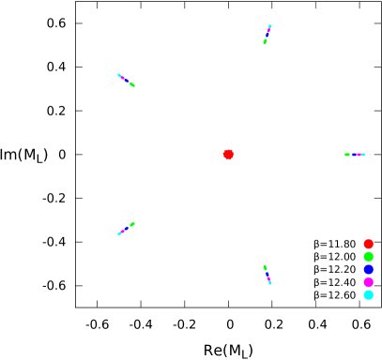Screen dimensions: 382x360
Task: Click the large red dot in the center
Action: tap(228, 155)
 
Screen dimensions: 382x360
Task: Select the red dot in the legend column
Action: tap(368, 244)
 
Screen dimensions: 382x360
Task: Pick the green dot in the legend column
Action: tap(368, 256)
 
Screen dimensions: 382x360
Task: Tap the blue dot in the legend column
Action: tap(368, 269)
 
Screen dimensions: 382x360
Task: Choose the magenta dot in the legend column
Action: tap(368, 281)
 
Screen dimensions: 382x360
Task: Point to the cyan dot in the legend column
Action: tap(368, 294)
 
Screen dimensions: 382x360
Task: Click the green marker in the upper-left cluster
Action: tap(132, 85)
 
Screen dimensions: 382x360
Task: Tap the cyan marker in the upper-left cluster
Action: tap(119, 75)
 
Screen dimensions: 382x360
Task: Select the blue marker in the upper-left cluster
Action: tap(125, 80)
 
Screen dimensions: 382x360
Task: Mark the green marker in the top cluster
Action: tap(265, 41)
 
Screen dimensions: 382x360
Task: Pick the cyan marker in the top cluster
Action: tap(269, 26)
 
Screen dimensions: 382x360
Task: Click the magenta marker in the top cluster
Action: tap(267, 33)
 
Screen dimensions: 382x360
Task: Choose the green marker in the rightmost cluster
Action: tap(347, 155)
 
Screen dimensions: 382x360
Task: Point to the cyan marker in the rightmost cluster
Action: tap(362, 155)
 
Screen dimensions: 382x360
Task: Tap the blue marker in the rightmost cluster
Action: tap(356, 155)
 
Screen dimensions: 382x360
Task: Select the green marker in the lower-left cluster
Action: tap(132, 223)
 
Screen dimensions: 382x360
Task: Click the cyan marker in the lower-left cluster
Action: tap(119, 233)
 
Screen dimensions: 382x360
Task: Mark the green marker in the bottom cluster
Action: tap(265, 267)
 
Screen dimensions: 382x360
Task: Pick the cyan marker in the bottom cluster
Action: tap(269, 282)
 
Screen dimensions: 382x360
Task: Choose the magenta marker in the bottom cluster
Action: tap(267, 277)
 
